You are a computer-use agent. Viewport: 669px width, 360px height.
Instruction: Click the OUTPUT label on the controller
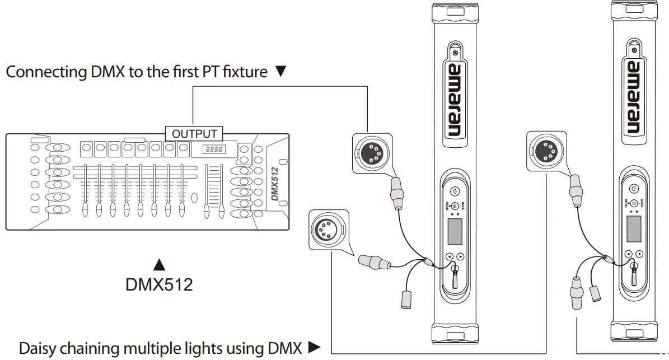tap(194, 134)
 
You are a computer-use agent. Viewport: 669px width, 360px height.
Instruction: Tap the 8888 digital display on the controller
tap(214, 149)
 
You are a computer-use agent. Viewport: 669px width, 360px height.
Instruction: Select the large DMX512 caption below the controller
tap(159, 284)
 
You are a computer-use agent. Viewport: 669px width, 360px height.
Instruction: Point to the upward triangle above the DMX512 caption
tap(160, 263)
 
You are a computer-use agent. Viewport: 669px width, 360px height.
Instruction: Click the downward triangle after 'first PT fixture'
tap(281, 72)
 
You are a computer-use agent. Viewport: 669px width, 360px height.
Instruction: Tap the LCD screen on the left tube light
tap(455, 230)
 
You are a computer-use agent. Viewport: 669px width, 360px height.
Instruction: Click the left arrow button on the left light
tap(449, 256)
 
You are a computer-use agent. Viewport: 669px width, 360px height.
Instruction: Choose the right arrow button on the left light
tap(460, 256)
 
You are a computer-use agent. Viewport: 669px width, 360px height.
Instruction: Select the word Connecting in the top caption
tap(46, 72)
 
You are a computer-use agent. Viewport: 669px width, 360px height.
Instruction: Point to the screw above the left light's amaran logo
tap(457, 53)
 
